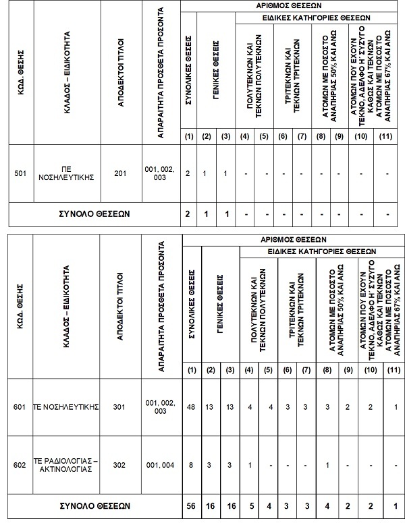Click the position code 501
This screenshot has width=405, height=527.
tap(20, 173)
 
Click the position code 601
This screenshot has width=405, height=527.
tap(20, 406)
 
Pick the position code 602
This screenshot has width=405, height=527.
tap(20, 464)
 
